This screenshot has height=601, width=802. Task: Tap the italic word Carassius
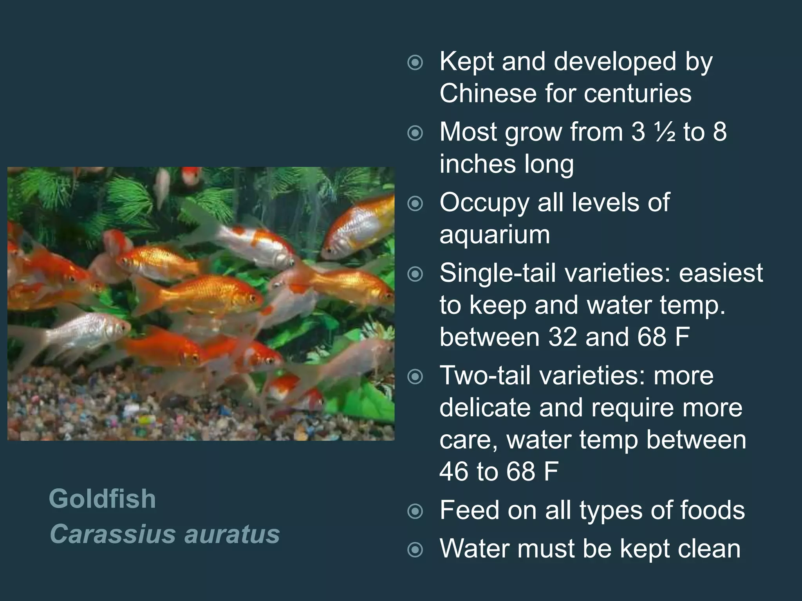[111, 534]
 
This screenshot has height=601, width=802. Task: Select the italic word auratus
[232, 534]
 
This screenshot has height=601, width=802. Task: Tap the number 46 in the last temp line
[454, 471]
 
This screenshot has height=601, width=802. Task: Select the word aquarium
[495, 235]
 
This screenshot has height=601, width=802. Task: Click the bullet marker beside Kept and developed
[415, 63]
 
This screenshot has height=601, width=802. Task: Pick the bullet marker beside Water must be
[415, 550]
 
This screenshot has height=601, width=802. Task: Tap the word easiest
[721, 273]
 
